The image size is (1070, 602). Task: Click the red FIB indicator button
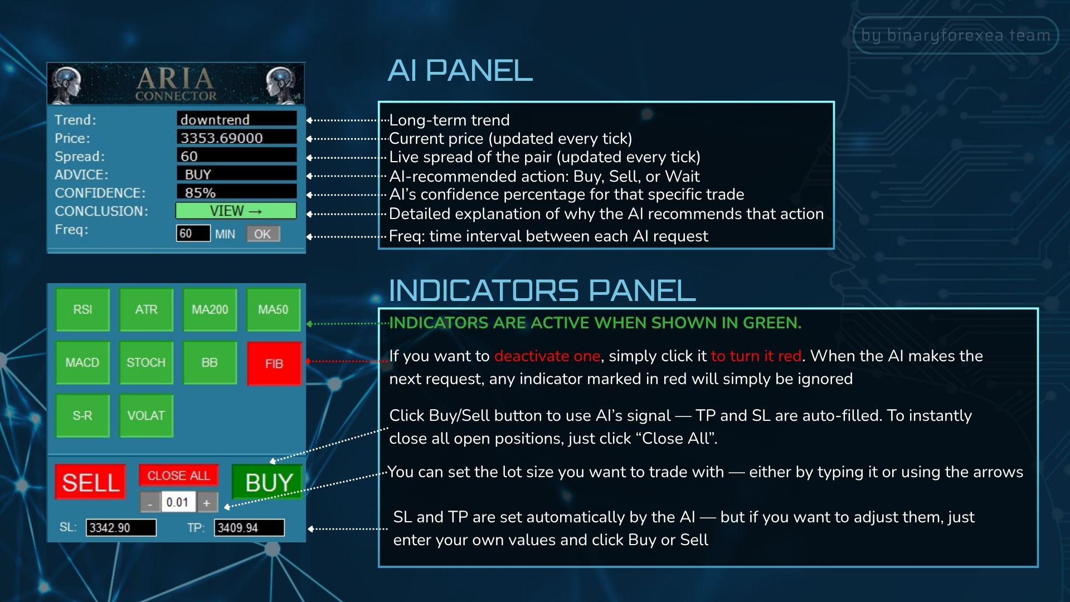(274, 363)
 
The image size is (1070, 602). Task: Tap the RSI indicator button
(82, 309)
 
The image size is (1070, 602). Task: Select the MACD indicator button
(82, 362)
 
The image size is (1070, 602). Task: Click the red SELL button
(90, 482)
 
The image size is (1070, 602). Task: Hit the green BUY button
(267, 482)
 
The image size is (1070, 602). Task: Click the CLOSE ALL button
(178, 475)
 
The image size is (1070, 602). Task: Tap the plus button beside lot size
(207, 503)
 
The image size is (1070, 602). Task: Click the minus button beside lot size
(150, 503)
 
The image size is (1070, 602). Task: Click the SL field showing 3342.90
(121, 527)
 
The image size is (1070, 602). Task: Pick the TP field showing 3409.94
(249, 527)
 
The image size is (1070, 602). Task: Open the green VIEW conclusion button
(236, 211)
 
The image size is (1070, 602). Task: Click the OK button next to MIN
(263, 234)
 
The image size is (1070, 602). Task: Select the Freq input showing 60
(193, 234)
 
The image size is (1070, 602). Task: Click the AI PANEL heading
(460, 71)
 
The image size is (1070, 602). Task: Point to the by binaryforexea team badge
(955, 35)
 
